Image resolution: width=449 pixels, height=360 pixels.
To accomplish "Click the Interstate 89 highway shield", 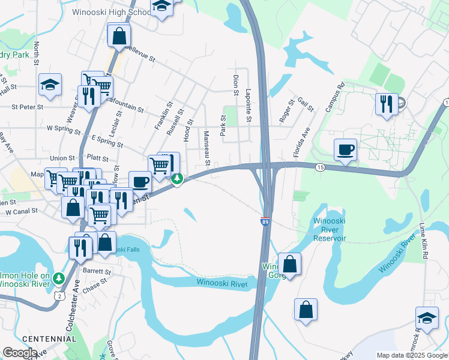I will (265, 222).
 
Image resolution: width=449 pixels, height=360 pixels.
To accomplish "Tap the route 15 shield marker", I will (321, 167).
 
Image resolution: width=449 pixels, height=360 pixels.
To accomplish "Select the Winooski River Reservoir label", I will (330, 229).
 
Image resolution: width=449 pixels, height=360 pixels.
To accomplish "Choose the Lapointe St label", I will (248, 102).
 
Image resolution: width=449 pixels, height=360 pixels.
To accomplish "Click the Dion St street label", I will (235, 85).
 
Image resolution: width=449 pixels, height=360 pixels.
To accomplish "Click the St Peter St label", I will (28, 107).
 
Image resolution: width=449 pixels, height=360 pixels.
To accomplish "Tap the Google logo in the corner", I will (20, 353).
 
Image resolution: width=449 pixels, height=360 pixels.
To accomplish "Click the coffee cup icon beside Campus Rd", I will (345, 150).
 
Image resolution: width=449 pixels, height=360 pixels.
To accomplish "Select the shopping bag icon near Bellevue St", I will (119, 36).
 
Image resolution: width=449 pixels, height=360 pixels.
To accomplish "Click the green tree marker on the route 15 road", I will (177, 179).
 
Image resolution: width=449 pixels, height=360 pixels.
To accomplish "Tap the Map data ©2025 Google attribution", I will (412, 355).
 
